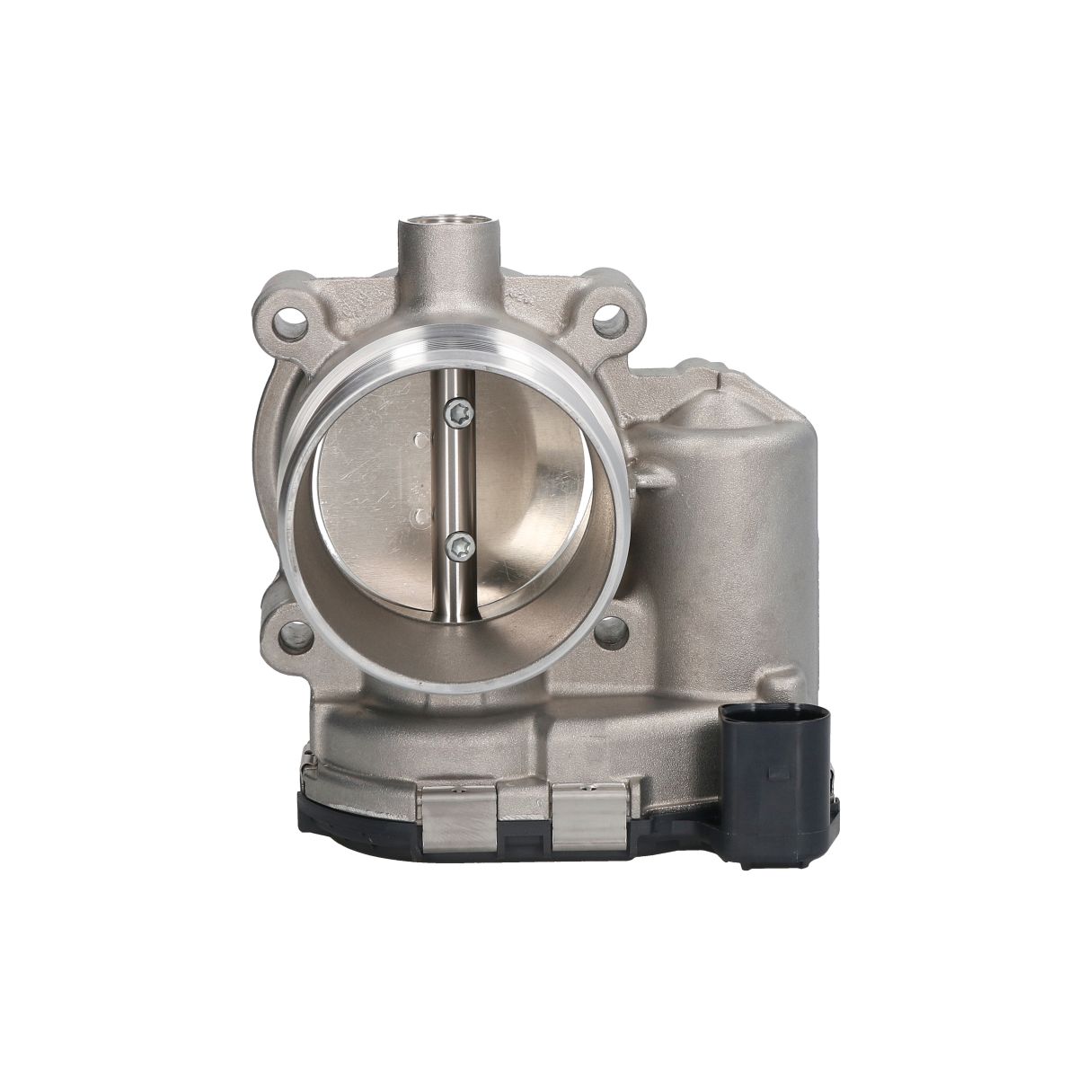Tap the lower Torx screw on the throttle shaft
[461, 545]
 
